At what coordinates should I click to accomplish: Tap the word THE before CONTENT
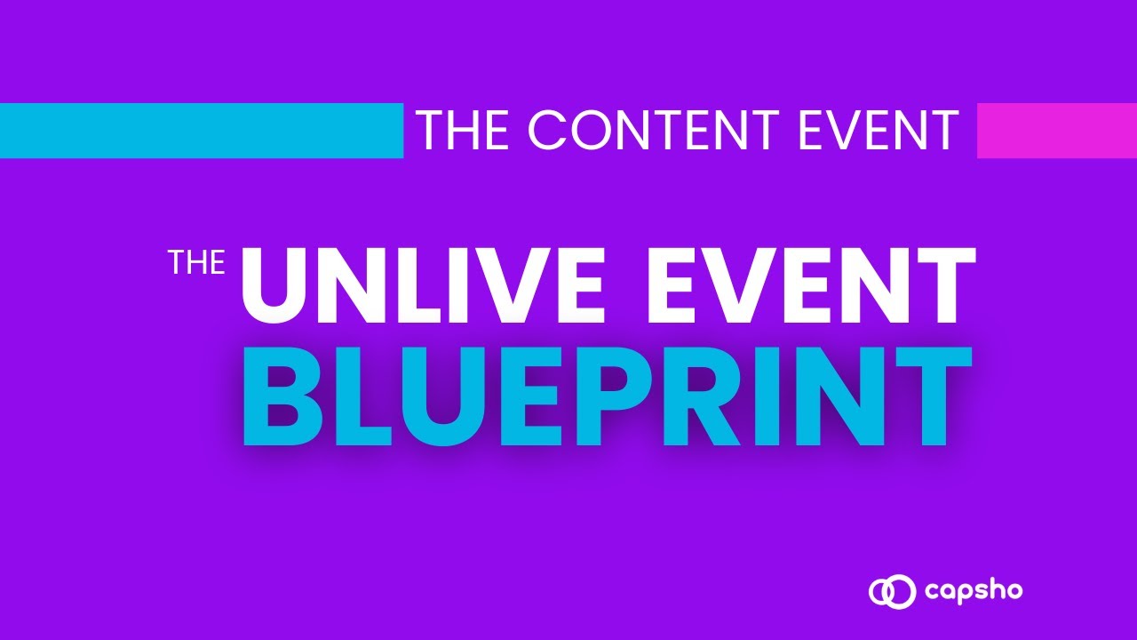(x=465, y=130)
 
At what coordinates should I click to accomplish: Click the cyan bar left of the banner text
(x=202, y=131)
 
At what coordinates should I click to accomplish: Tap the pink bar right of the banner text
(x=1057, y=131)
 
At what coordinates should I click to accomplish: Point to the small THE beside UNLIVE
(x=197, y=262)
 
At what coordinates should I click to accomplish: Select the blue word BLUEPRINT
(x=608, y=396)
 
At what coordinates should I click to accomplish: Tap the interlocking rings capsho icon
(x=892, y=591)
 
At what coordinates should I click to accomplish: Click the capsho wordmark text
(x=974, y=592)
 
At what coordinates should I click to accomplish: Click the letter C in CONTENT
(x=547, y=130)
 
